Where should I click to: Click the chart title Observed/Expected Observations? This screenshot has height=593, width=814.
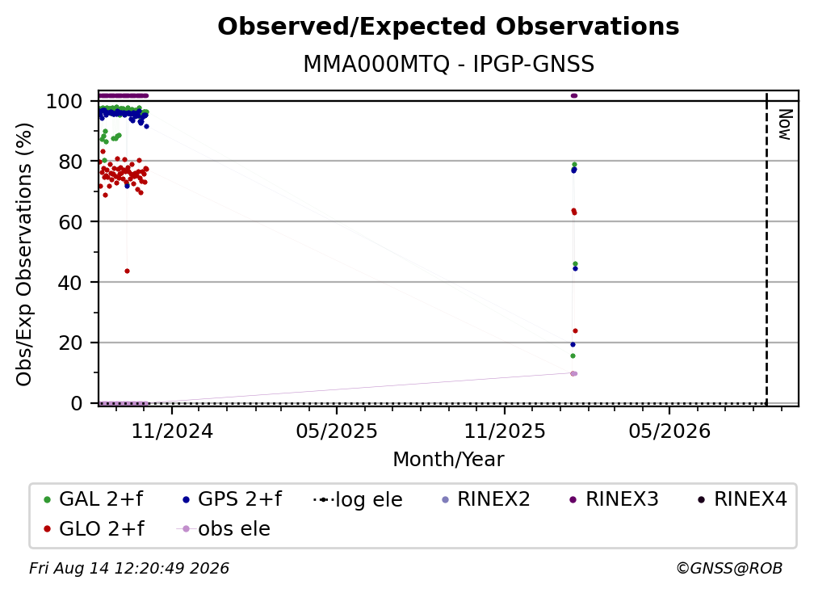click(x=448, y=27)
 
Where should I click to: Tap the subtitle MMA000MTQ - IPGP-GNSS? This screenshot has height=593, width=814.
click(x=448, y=65)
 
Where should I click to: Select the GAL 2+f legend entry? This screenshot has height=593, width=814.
click(x=94, y=499)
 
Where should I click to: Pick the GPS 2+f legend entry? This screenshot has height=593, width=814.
click(x=233, y=499)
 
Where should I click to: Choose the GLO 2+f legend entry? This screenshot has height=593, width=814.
click(x=94, y=528)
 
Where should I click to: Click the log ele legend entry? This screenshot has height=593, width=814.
click(x=359, y=499)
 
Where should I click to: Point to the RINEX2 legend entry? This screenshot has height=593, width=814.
click(x=486, y=499)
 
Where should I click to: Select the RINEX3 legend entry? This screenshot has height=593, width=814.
click(x=614, y=499)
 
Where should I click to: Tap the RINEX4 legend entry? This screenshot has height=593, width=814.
click(x=742, y=499)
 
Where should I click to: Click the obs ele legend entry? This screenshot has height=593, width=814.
click(x=224, y=528)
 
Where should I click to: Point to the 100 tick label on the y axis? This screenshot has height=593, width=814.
click(x=65, y=101)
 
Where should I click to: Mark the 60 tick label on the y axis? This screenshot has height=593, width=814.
click(x=70, y=222)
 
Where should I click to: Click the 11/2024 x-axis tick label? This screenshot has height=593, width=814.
click(x=172, y=431)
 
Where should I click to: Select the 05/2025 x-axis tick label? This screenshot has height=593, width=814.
click(x=337, y=431)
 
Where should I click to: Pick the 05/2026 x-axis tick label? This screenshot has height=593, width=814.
click(x=669, y=431)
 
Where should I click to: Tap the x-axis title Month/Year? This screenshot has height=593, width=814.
click(x=448, y=460)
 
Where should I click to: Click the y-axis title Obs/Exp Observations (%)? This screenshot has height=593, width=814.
click(x=24, y=254)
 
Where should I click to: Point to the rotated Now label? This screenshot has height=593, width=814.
click(x=784, y=124)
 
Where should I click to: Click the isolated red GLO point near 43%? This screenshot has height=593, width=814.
click(x=128, y=271)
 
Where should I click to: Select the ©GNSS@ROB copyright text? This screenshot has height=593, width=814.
click(x=729, y=568)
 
